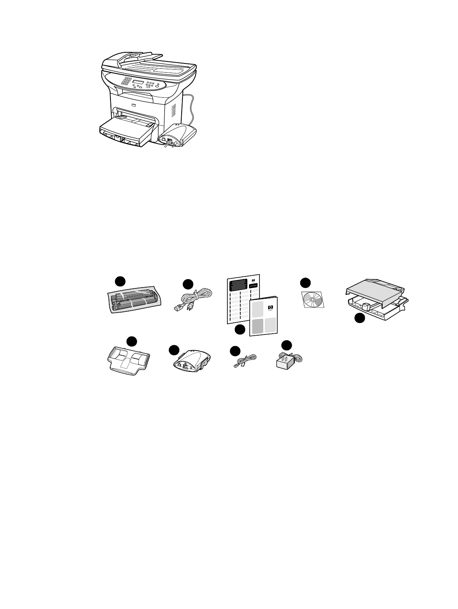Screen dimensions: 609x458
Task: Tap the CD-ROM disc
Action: point(312,299)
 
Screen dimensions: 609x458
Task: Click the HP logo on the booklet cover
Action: point(269,307)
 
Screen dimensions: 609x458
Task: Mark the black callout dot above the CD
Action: point(305,283)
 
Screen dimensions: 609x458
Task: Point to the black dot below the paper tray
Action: point(359,318)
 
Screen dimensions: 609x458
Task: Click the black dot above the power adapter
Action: point(286,345)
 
